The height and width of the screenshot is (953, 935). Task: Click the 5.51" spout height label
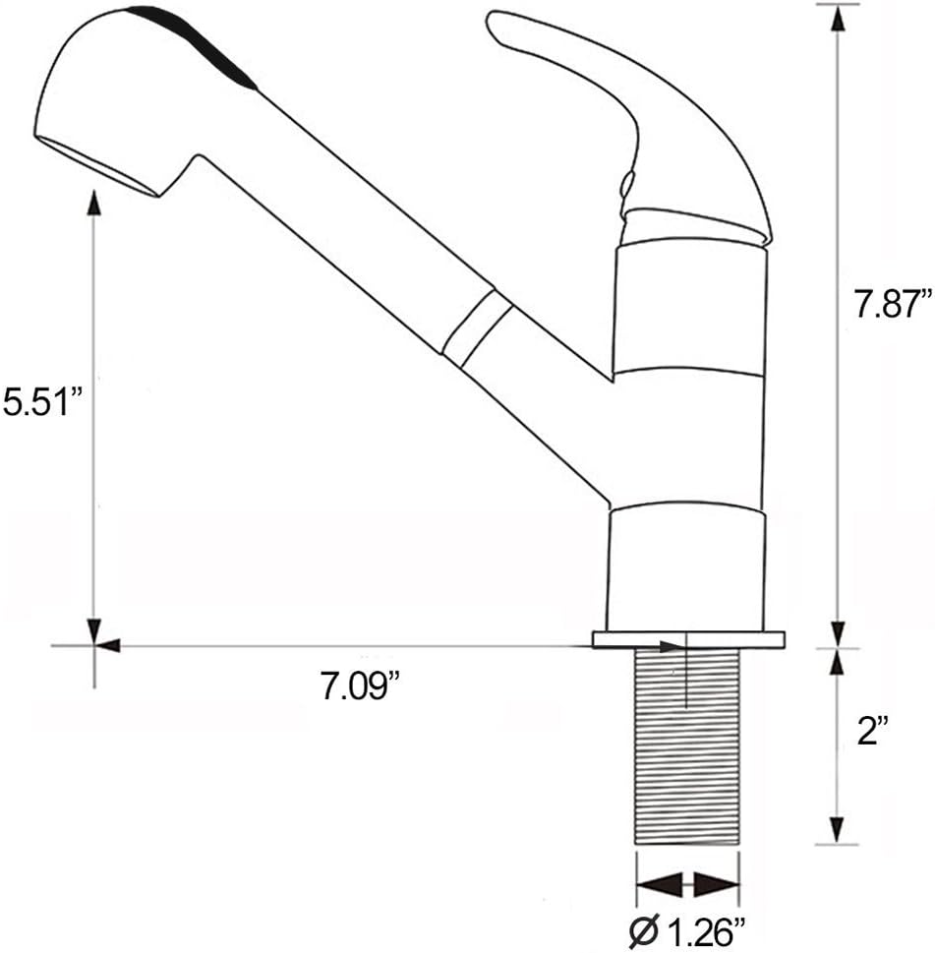pos(36,402)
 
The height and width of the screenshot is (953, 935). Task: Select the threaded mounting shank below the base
pos(687,747)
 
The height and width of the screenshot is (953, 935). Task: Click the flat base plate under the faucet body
pos(687,640)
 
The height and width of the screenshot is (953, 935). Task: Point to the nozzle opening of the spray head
pos(98,167)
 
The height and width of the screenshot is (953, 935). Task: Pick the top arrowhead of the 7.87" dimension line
pos(837,17)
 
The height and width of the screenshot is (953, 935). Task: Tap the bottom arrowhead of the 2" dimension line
pos(837,829)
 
